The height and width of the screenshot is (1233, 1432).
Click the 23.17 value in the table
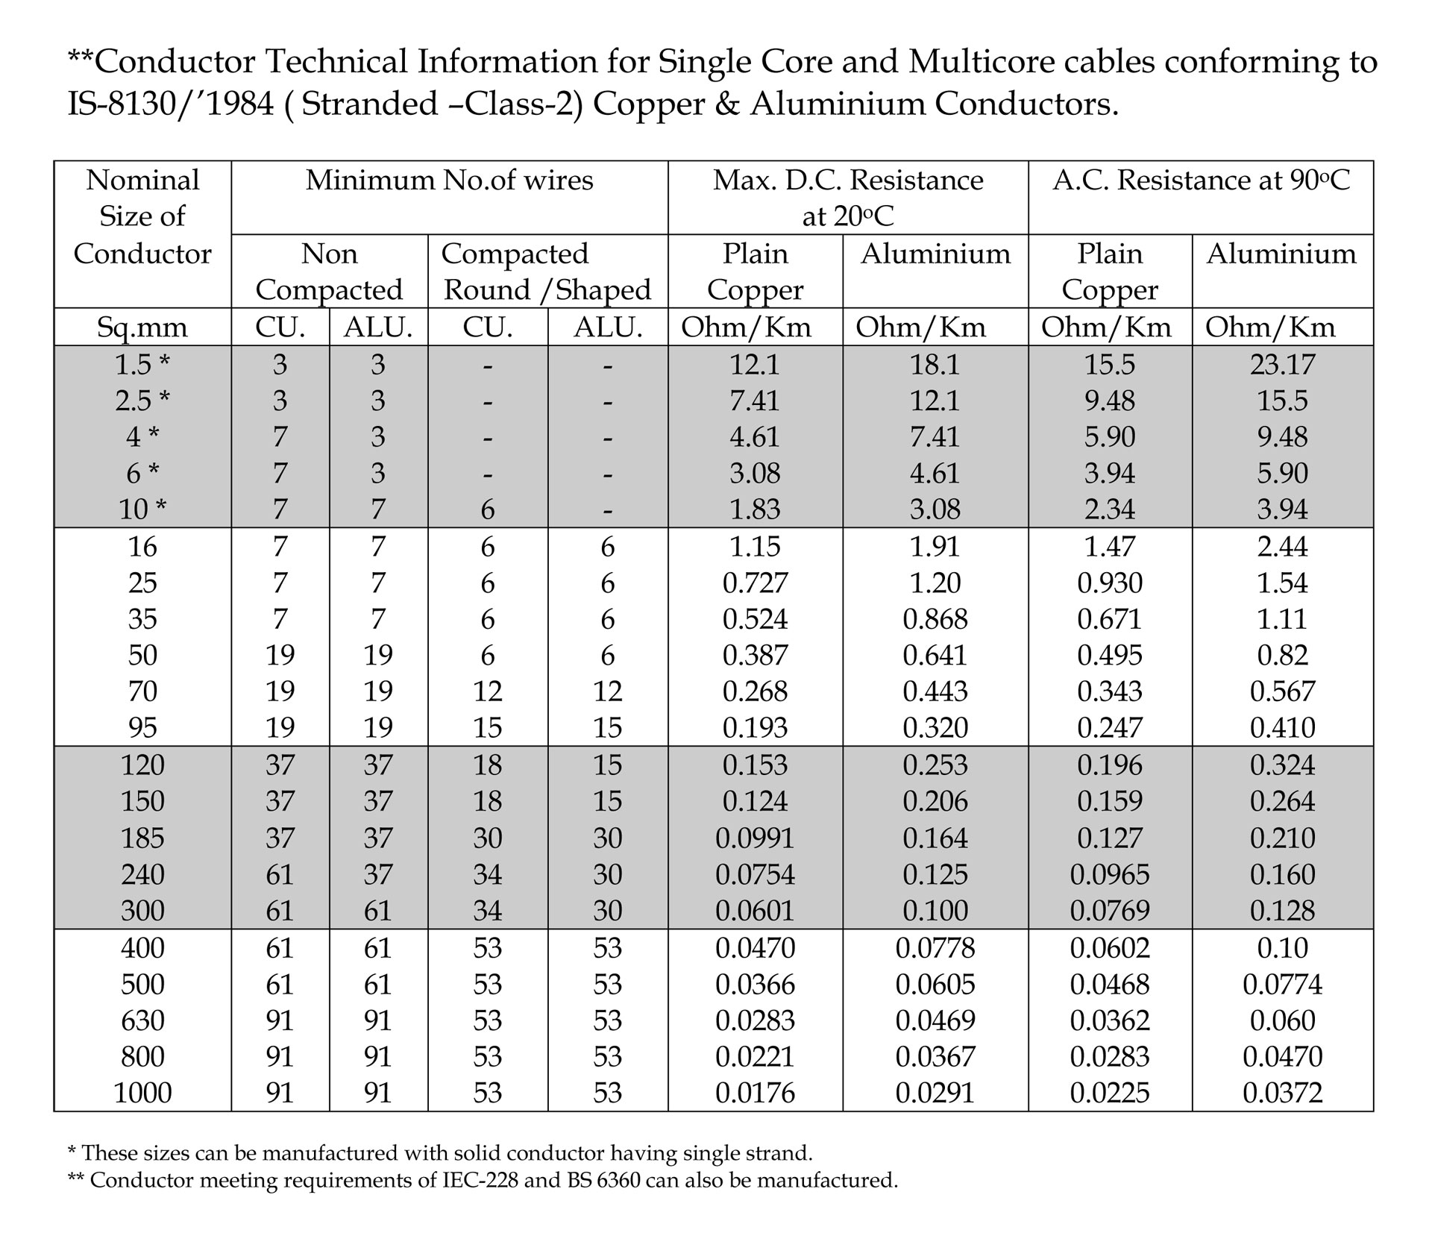click(1282, 364)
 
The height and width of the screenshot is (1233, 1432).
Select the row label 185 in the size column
click(142, 838)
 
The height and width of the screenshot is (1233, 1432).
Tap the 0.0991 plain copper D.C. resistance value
click(755, 838)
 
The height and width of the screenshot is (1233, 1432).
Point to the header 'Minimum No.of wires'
click(449, 181)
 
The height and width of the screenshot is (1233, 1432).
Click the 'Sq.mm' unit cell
click(142, 327)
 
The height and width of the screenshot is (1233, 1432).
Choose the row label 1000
click(142, 1093)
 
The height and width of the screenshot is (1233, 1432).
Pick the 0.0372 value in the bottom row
click(1282, 1093)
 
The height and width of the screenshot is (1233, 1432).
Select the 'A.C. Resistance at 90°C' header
click(1201, 181)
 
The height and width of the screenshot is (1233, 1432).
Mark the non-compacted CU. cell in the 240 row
click(280, 874)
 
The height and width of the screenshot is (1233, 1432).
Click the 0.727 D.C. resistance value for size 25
click(755, 583)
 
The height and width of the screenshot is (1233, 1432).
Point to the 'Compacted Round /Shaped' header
click(547, 272)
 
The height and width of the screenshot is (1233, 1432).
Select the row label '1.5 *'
click(142, 364)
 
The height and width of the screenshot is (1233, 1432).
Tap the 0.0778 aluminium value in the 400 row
click(935, 947)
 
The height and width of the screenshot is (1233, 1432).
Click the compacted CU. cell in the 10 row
click(487, 509)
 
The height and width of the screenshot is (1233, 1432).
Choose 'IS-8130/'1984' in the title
click(171, 104)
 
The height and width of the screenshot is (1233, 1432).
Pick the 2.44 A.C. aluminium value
click(1282, 547)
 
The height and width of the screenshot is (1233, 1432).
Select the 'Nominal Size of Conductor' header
click(142, 216)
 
